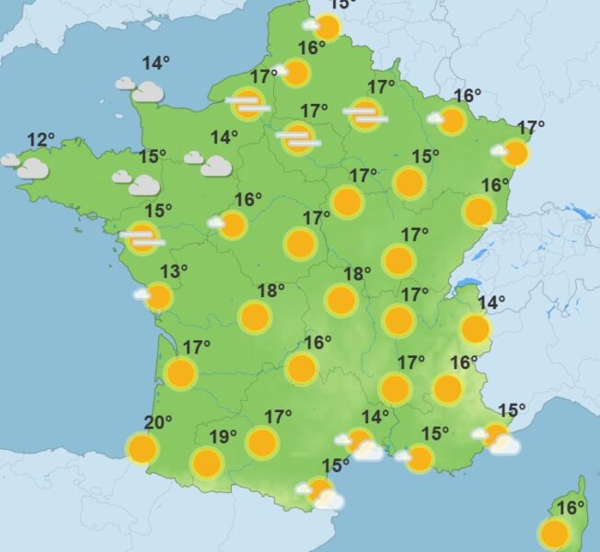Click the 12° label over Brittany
(40, 141)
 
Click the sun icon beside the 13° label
(158, 297)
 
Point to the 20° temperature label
(158, 423)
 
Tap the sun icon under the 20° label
(142, 450)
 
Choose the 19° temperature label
(223, 436)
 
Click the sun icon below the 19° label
(206, 462)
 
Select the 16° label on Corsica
(571, 508)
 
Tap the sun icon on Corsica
(554, 534)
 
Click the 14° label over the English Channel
(156, 63)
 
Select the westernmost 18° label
(271, 291)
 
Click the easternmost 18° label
(357, 274)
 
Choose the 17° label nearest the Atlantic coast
(197, 347)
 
